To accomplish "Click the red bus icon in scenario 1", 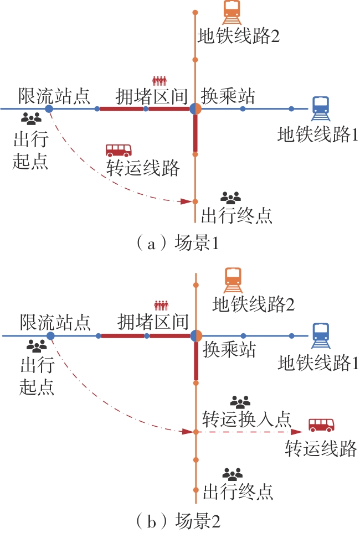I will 119,149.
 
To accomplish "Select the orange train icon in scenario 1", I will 231,11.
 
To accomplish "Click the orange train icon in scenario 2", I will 233,280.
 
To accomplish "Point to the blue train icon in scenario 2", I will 321,334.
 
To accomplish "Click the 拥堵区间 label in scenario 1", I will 152,96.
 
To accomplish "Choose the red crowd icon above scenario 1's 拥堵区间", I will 160,80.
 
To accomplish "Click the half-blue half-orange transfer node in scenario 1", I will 195,109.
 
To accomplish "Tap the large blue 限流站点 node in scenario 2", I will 50,336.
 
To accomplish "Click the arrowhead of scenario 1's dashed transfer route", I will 186,201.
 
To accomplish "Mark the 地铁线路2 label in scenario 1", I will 238,37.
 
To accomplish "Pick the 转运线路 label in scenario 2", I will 321,448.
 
